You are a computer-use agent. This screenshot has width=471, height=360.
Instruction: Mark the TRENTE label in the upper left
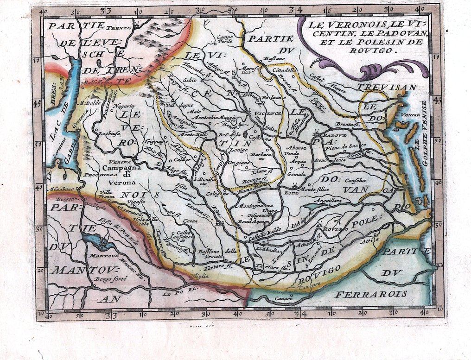point(119,28)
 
